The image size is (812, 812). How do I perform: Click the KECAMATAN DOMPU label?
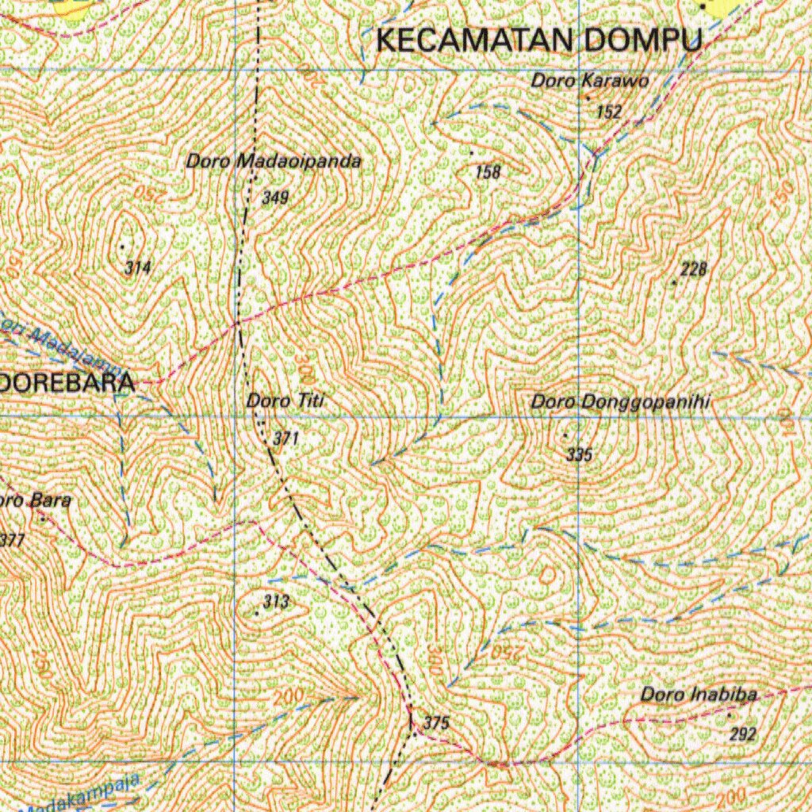coord(539,40)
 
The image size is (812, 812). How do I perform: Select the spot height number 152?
coord(609,112)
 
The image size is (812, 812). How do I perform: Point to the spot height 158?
coord(488,170)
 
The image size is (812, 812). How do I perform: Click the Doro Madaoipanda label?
coord(274,162)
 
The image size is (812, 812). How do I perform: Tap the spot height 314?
coord(138,268)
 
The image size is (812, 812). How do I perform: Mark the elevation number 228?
coord(693,270)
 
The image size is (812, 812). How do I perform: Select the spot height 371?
coord(285,438)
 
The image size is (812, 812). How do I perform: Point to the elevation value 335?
coord(580,454)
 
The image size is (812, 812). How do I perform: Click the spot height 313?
coord(276,602)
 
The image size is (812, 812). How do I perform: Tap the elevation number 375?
coord(437,722)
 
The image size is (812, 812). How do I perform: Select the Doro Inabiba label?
coord(699,695)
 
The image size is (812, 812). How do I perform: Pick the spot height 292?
coord(743,734)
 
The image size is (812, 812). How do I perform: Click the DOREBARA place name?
coord(67,382)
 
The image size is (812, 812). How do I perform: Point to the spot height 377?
coord(13,541)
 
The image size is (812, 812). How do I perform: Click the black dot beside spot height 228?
coord(674,282)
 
